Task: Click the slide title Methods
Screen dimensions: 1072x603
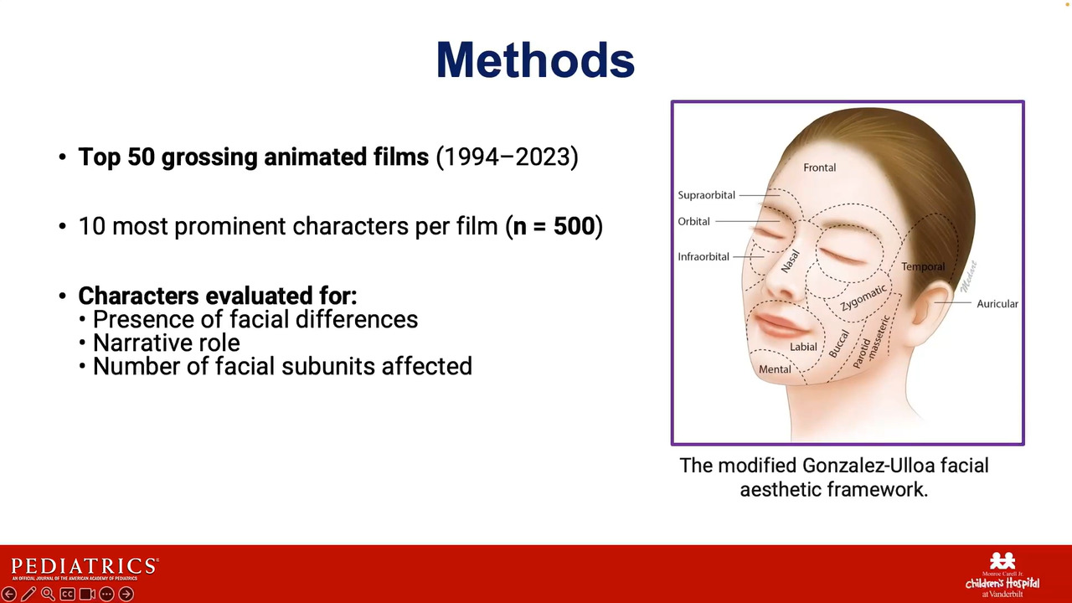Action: click(535, 60)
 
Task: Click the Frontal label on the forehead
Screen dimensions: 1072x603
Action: click(819, 167)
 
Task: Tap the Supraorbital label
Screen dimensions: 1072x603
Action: click(706, 195)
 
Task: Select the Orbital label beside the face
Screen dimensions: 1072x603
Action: click(693, 222)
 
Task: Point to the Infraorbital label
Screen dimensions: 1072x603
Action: click(703, 257)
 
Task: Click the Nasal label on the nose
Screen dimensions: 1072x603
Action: click(790, 261)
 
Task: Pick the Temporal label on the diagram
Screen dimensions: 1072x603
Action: click(923, 266)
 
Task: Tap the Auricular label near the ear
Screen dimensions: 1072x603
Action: click(997, 304)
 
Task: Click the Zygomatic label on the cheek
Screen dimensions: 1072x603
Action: click(863, 297)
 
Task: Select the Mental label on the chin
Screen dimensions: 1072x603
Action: click(775, 369)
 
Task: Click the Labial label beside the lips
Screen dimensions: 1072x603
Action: click(803, 347)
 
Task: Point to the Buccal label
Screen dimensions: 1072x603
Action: click(839, 343)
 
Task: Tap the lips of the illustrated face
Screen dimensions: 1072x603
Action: click(778, 324)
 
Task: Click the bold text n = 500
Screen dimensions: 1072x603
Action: click(554, 226)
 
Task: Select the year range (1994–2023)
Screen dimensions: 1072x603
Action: click(507, 157)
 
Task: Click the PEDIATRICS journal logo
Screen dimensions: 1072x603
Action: click(85, 569)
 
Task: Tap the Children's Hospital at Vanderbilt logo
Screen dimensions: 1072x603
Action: click(1002, 575)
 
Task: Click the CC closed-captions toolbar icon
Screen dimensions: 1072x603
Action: click(68, 594)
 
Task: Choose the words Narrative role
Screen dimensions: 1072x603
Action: click(166, 343)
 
